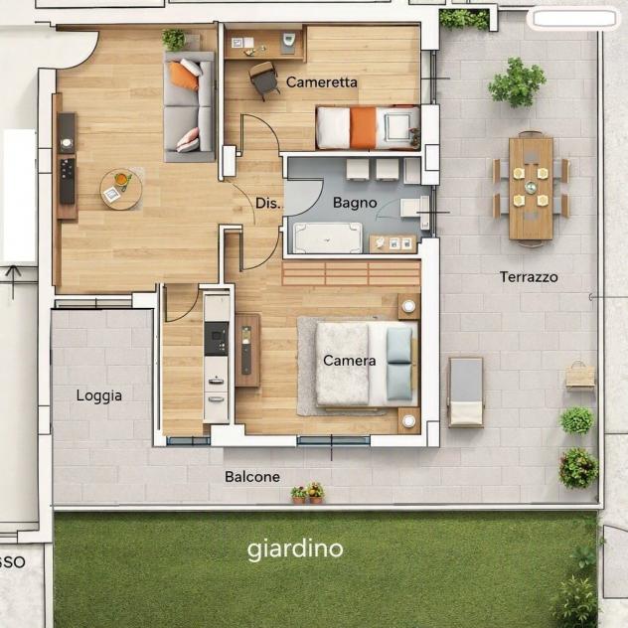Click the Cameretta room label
322,82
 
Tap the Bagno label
355,203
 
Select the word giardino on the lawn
295,549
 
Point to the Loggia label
99,395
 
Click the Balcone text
252,477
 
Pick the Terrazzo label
529,277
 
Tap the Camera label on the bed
349,361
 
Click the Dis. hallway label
269,203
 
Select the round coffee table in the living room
121,189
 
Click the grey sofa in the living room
189,106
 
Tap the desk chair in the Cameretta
264,80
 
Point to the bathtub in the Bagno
328,237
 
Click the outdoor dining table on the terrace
531,189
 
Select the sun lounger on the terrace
466,392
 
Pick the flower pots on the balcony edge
308,493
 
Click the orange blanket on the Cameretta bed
363,128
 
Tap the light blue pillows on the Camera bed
399,363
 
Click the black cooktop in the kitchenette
217,339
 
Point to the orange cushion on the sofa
184,77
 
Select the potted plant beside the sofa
174,40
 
